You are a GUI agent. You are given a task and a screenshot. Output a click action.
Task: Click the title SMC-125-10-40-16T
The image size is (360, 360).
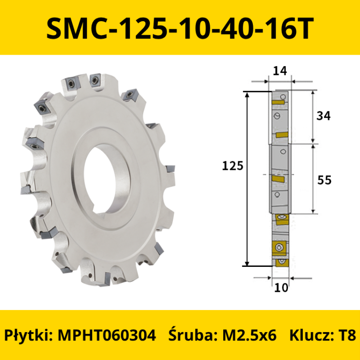tap(180, 28)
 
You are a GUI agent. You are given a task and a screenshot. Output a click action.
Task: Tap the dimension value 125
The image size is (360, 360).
tap(232, 166)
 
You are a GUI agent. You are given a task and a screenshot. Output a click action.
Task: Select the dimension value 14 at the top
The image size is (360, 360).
tap(280, 71)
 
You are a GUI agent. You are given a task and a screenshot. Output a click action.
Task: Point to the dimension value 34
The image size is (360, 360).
tap(324, 116)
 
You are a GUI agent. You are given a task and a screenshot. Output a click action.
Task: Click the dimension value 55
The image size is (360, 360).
tap(324, 180)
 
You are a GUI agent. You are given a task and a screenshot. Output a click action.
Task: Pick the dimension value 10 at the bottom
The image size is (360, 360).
tap(281, 288)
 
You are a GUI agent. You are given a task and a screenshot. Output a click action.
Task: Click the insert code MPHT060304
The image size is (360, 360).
tap(107, 335)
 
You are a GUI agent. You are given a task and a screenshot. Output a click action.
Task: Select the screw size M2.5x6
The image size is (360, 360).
tap(249, 335)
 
